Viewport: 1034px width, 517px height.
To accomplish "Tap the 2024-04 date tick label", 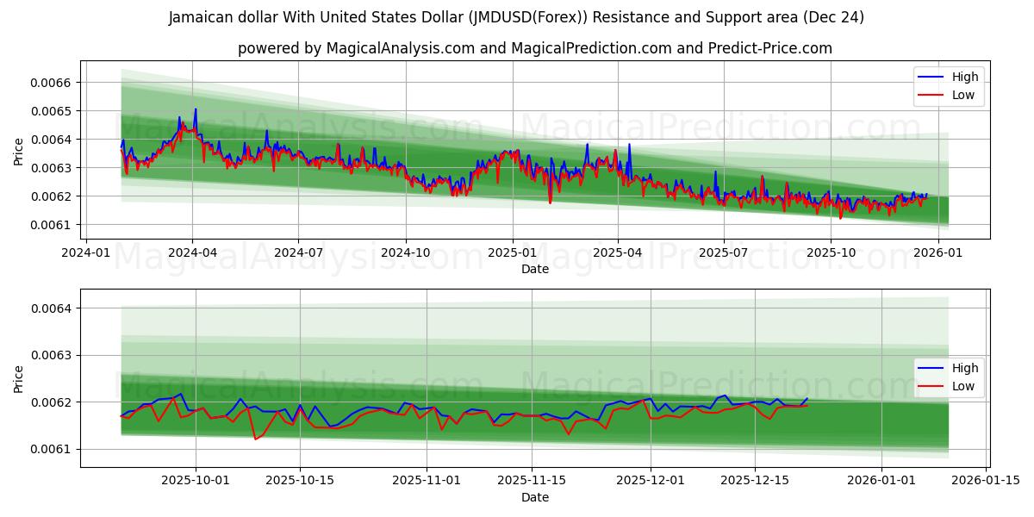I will pyautogui.click(x=192, y=253).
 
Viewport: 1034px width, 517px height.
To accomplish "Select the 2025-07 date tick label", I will pyautogui.click(x=724, y=253).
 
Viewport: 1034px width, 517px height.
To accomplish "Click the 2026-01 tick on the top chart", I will pyautogui.click(x=937, y=253).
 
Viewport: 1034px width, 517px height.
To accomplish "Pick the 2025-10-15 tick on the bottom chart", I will pyautogui.click(x=300, y=481).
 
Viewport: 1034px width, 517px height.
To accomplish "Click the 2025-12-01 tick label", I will pyautogui.click(x=649, y=481).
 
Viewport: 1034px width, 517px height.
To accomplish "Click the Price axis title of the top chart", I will pyautogui.click(x=19, y=151).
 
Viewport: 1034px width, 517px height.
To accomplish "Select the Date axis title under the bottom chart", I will pyautogui.click(x=535, y=497).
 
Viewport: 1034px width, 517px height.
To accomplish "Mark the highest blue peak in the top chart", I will pyautogui.click(x=196, y=109).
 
